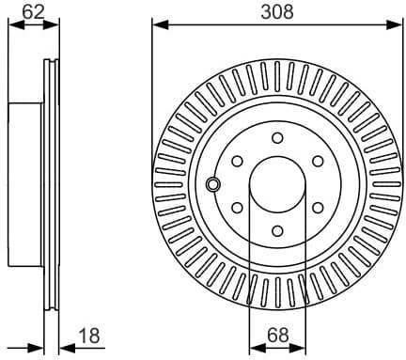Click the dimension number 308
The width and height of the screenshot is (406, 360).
point(277,11)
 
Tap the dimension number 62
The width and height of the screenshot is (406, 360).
point(33,11)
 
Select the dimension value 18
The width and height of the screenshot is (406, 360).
point(89,336)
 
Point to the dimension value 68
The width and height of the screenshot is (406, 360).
point(277,336)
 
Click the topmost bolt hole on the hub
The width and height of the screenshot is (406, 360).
point(277,137)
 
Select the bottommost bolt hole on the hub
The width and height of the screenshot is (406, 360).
point(277,229)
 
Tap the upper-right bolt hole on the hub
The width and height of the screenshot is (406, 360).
point(318,160)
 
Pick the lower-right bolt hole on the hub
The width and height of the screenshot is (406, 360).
point(318,207)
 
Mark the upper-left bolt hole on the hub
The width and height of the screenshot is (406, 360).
point(237,160)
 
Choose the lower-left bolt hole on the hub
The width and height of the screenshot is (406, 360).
point(237,207)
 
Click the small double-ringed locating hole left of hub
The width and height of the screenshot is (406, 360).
point(213,183)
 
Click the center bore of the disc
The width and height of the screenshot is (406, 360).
point(277,183)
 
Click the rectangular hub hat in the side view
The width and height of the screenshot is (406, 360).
point(26,183)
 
